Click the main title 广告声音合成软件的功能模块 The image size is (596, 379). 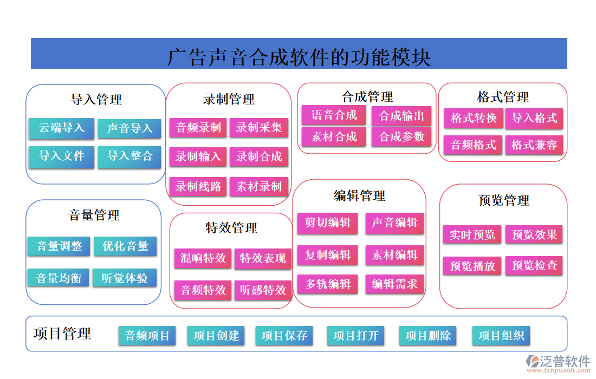click(x=299, y=57)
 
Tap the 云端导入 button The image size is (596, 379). click(x=61, y=128)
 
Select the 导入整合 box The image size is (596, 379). click(x=129, y=156)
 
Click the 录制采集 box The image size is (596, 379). click(x=259, y=128)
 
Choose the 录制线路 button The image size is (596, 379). click(x=198, y=187)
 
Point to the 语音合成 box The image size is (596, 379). click(x=334, y=115)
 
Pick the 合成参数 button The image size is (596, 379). click(x=401, y=137)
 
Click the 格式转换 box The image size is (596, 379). click(x=474, y=118)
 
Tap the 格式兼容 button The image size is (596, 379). click(x=534, y=145)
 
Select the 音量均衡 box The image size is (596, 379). click(x=59, y=278)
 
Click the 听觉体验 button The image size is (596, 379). click(x=125, y=278)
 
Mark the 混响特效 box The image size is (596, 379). click(x=203, y=258)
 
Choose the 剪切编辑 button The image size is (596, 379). click(x=327, y=223)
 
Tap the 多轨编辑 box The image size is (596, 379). click(x=327, y=284)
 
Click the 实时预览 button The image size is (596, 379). click(x=472, y=234)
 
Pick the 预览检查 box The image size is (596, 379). click(x=534, y=265)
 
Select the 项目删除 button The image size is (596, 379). click(x=427, y=335)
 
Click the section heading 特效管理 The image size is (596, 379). click(x=231, y=228)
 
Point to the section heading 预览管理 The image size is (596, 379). click(x=504, y=201)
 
